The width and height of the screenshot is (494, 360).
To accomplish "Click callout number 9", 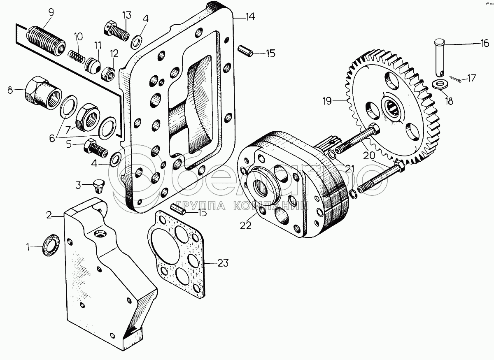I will tap(51, 12).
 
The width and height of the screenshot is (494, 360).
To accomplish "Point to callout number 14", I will tap(250, 17).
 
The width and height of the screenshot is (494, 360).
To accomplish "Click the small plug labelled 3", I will tap(98, 186).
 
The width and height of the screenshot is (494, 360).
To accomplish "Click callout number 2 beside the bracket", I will tap(49, 215).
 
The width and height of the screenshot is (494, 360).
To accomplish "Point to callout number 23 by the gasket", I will tap(223, 263).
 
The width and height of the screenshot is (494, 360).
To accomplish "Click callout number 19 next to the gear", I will tap(327, 101).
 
